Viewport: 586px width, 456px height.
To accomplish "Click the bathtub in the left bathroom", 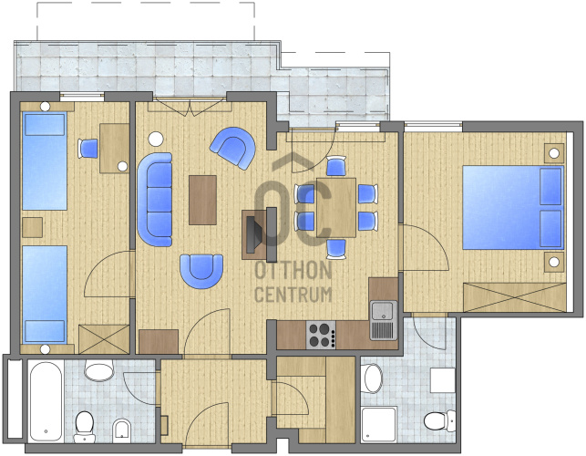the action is pos(46,401).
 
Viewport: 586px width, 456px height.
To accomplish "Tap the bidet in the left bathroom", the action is pos(122,430).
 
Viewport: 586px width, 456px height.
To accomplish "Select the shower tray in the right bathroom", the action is pos(379,424).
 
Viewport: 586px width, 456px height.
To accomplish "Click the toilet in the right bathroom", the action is pos(439,420).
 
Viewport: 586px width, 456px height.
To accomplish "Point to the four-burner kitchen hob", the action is pos(321,335).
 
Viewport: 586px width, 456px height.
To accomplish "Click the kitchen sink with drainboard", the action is pos(384,320).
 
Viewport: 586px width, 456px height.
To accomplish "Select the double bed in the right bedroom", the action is pos(513,208).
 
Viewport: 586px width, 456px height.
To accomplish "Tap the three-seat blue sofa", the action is pos(155,200).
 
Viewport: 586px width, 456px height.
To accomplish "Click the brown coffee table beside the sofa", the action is pos(202,200).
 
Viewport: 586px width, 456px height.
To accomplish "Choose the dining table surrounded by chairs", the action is pos(336,208).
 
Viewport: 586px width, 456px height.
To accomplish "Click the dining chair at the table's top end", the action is pos(336,166).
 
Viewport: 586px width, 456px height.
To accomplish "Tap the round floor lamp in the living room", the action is pos(156,140).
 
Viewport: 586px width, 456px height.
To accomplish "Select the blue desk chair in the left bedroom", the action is pos(88,149).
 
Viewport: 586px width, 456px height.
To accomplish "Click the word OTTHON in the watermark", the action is pos(293,270).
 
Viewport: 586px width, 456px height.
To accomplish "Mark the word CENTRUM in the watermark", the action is pos(293,295).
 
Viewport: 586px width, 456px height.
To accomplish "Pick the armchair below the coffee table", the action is pos(201,271).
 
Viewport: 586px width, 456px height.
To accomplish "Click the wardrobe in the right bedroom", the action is pos(515,297).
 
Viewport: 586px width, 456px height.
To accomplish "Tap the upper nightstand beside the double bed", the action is pos(554,153).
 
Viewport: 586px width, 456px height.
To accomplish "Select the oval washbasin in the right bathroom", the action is pos(373,378).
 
